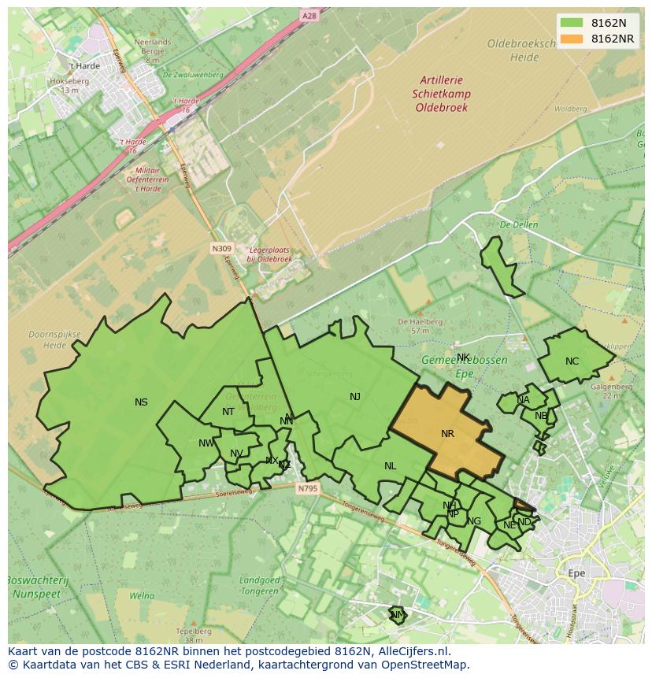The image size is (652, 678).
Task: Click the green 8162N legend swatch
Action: click(572, 24)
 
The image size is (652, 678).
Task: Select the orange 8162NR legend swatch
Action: click(572, 39)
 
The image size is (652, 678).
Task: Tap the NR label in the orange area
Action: click(447, 434)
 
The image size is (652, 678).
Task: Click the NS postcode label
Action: click(141, 402)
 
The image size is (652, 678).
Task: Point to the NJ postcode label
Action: click(355, 397)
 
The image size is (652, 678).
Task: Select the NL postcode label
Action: click(390, 466)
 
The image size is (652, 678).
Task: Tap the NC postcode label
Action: click(572, 361)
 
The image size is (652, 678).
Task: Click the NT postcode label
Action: click(228, 412)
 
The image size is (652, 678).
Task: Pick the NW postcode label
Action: click(206, 443)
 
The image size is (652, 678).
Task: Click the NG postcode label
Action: click(474, 521)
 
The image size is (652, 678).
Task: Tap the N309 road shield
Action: click(221, 248)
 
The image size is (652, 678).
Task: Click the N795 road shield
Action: click(308, 489)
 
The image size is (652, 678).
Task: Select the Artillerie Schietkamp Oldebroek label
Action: click(442, 93)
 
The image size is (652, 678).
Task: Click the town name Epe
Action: click(576, 573)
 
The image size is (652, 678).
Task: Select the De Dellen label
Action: click(518, 224)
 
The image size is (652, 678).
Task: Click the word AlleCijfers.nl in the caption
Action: click(422, 651)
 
